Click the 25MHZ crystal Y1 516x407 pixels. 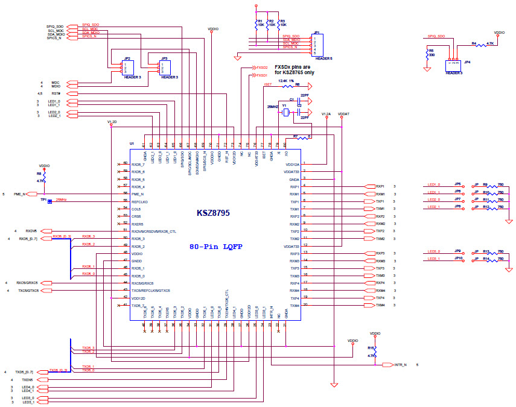point(285,112)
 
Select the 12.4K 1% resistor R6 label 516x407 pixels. point(287,81)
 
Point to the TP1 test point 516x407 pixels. point(49,201)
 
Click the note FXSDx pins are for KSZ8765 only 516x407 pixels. point(294,69)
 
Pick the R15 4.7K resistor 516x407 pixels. point(375,355)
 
